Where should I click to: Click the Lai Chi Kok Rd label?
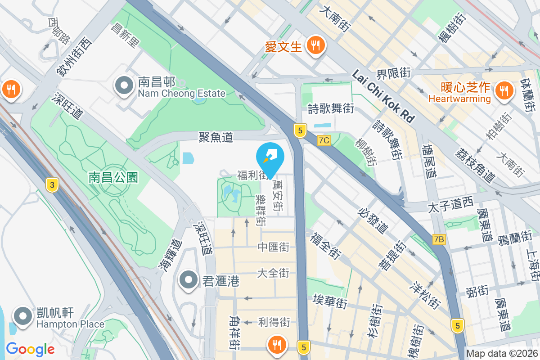[383, 97]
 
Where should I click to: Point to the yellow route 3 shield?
[53, 184]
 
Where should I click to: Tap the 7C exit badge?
[324, 140]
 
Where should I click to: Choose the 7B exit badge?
[439, 239]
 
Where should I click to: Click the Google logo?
[30, 349]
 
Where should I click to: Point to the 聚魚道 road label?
[216, 137]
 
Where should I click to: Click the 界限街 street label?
[394, 72]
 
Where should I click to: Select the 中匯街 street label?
[273, 247]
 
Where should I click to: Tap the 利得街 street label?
[274, 322]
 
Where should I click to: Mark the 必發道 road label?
[373, 220]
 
